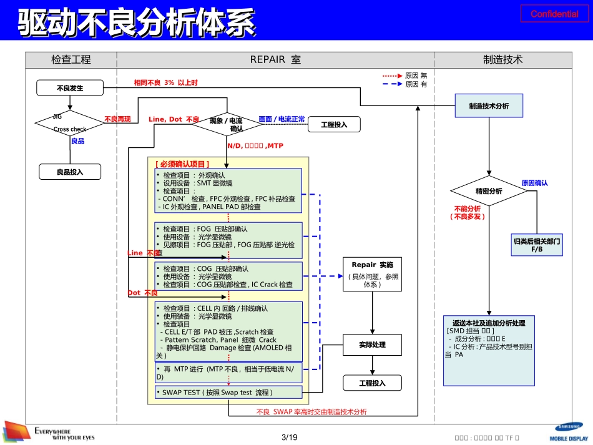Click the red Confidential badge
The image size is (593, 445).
pyautogui.click(x=554, y=14)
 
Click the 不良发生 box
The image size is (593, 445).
pyautogui.click(x=69, y=89)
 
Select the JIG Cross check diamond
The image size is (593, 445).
pyautogui.click(x=69, y=123)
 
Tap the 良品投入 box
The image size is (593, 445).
pyautogui.click(x=69, y=171)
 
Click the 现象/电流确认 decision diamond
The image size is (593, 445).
pyautogui.click(x=227, y=124)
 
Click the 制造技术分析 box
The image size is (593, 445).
pyautogui.click(x=489, y=106)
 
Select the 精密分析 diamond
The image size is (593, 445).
pyautogui.click(x=489, y=191)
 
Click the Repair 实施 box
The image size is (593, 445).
pyautogui.click(x=372, y=273)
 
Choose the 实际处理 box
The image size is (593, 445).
pyautogui.click(x=372, y=345)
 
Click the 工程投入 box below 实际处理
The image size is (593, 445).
pyautogui.click(x=372, y=383)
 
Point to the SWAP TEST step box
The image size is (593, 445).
pyautogui.click(x=228, y=393)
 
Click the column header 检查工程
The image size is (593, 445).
pyautogui.click(x=71, y=60)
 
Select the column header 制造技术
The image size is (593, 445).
pyautogui.click(x=502, y=60)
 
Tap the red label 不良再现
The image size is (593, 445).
pyautogui.click(x=117, y=119)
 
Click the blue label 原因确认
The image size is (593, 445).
pyautogui.click(x=534, y=183)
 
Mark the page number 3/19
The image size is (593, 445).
pyautogui.click(x=289, y=437)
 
